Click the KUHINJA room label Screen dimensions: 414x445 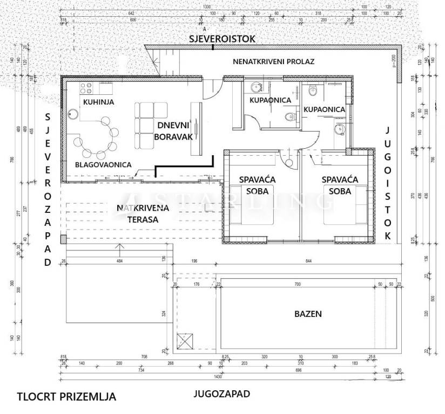pyautogui.click(x=98, y=102)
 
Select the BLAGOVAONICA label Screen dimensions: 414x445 pyautogui.click(x=103, y=165)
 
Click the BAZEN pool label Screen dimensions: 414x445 pyautogui.click(x=308, y=313)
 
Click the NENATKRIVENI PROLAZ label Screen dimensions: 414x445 pyautogui.click(x=273, y=61)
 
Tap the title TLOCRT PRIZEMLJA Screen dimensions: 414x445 pyautogui.click(x=66, y=397)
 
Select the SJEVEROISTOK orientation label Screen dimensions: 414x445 pyautogui.click(x=221, y=39)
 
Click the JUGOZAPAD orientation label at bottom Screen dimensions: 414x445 pyautogui.click(x=222, y=394)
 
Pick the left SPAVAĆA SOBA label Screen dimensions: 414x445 pyautogui.click(x=254, y=185)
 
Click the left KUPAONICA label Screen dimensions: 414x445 pyautogui.click(x=270, y=100)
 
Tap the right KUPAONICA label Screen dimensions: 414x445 pyautogui.click(x=324, y=109)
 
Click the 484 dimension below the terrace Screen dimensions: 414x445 pyautogui.click(x=119, y=261)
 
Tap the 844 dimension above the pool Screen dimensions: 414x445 pyautogui.click(x=308, y=261)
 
